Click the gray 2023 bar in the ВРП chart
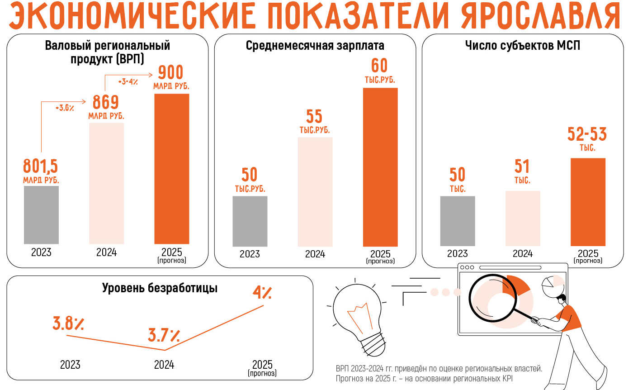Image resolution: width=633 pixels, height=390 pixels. click(41, 215)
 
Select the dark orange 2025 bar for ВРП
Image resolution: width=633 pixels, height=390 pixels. click(172, 169)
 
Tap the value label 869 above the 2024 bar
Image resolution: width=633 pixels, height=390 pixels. click(106, 102)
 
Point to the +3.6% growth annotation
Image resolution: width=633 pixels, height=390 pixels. click(65, 108)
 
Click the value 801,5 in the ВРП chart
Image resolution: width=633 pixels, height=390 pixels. click(41, 166)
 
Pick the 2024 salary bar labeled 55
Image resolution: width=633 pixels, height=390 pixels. click(315, 191)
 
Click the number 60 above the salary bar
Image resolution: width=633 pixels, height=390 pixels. click(380, 66)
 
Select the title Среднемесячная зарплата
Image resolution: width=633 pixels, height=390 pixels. click(315, 46)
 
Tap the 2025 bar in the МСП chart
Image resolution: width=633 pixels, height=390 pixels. click(588, 202)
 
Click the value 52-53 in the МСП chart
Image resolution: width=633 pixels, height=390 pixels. click(587, 134)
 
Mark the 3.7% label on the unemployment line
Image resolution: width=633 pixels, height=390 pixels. click(164, 336)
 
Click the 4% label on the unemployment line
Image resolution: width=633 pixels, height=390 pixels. click(262, 293)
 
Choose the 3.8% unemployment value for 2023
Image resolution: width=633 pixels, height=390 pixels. click(68, 324)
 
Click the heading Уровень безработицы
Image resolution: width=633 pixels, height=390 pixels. click(160, 288)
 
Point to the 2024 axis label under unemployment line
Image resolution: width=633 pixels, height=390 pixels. click(164, 365)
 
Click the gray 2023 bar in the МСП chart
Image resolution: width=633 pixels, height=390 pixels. click(458, 221)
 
